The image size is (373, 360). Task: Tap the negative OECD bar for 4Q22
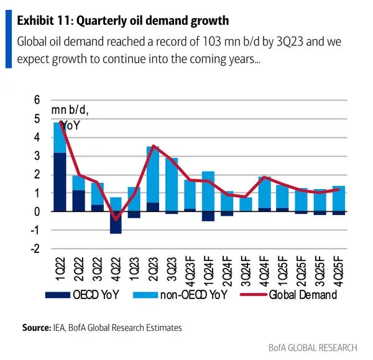pos(115,223)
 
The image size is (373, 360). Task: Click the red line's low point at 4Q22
pos(115,219)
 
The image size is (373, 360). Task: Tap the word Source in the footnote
pos(35,326)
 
